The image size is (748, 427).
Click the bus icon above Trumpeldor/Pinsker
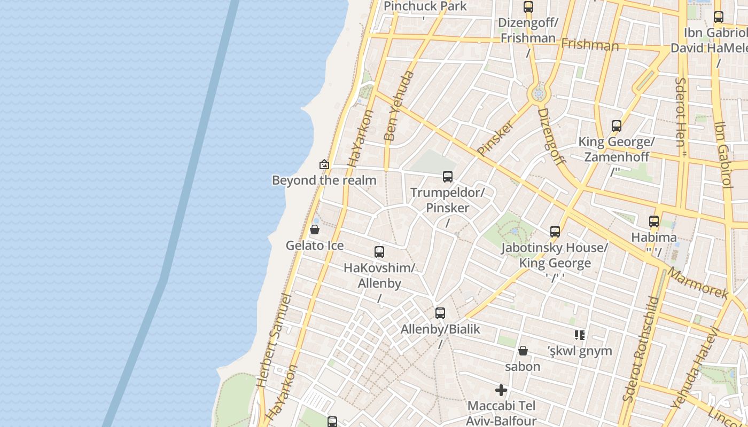[448, 177]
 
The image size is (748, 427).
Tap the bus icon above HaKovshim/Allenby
[379, 252]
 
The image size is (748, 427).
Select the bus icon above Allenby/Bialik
[440, 313]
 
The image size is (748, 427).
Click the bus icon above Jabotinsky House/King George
[555, 232]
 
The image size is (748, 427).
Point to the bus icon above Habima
[654, 222]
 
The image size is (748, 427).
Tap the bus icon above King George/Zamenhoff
[617, 126]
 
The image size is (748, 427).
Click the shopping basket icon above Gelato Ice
[315, 230]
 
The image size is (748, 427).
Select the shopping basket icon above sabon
[523, 351]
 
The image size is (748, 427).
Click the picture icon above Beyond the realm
[324, 164]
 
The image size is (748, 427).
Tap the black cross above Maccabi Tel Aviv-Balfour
[501, 390]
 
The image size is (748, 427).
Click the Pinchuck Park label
[425, 6]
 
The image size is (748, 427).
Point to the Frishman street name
[590, 45]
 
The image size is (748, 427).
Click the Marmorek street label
[698, 283]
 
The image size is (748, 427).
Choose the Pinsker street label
[495, 138]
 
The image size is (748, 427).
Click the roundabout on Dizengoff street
[539, 94]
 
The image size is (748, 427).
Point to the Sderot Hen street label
[681, 117]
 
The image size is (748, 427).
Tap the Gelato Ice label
[315, 246]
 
